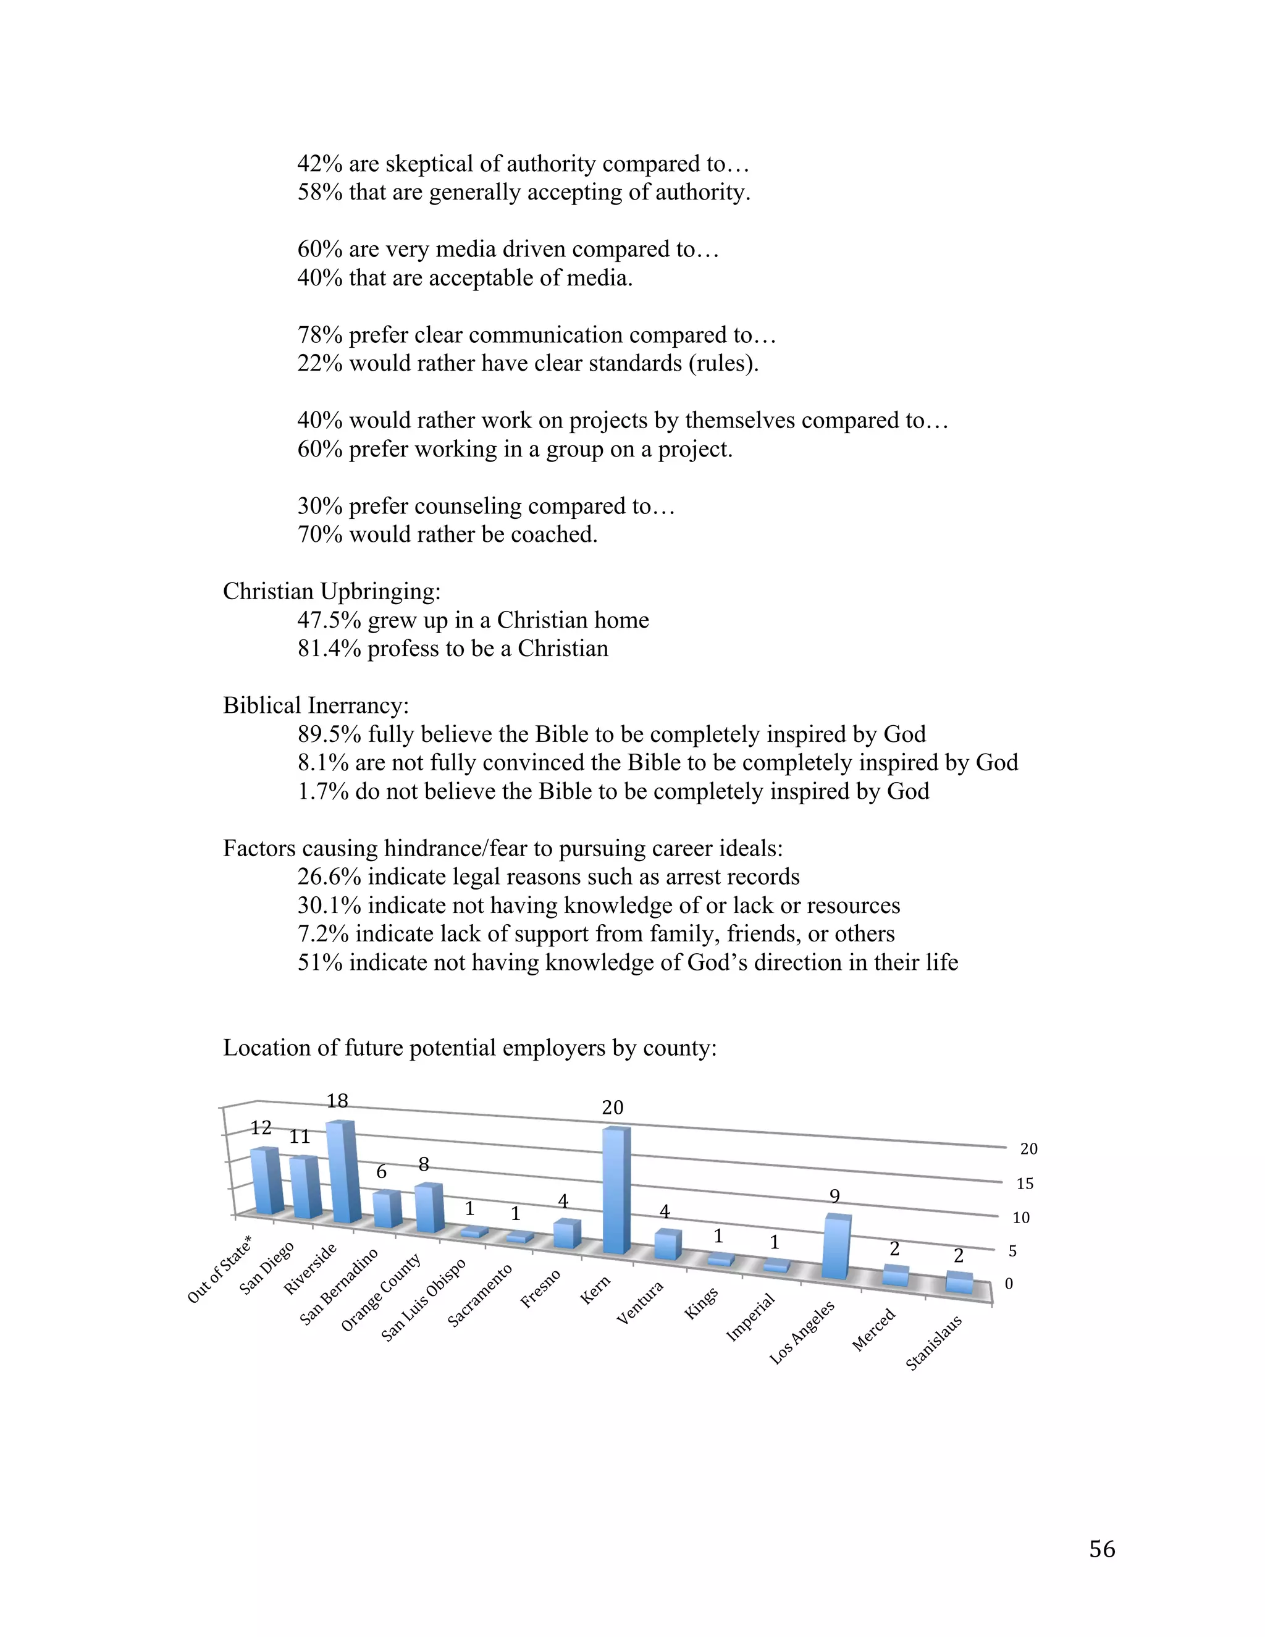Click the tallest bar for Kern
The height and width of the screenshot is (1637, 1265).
(x=615, y=1192)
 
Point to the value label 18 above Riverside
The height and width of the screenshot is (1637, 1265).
(x=337, y=1101)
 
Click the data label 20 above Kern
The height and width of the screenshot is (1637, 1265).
(x=612, y=1108)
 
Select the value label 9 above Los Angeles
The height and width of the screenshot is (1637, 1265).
(x=834, y=1197)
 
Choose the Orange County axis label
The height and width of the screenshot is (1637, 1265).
(x=380, y=1292)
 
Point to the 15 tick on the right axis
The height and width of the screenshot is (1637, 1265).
(x=1025, y=1184)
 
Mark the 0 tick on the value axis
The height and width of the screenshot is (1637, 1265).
(x=1009, y=1284)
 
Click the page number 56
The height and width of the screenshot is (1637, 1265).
(x=1102, y=1549)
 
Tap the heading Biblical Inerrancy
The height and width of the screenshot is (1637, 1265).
(x=316, y=706)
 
